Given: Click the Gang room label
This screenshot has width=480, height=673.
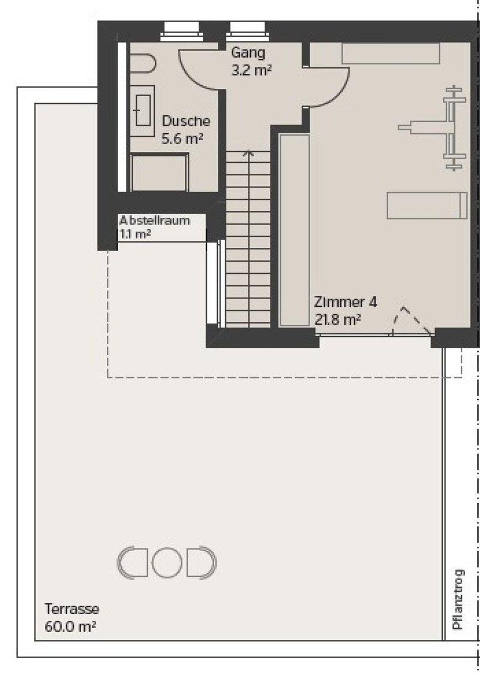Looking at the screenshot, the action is [x=248, y=53].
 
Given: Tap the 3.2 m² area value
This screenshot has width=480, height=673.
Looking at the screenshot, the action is [x=251, y=70].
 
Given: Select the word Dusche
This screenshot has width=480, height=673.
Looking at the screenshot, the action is [x=186, y=121].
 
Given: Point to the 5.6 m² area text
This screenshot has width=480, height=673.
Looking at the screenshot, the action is [x=182, y=139].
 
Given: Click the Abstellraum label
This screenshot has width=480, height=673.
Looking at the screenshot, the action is [x=155, y=221].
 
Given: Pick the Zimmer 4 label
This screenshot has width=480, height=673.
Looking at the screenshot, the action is [x=346, y=302].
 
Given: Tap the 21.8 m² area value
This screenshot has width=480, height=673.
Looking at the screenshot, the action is [x=337, y=320].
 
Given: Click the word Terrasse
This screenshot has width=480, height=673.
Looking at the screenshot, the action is [x=71, y=609].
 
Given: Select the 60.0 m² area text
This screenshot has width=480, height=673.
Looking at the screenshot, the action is [x=70, y=627].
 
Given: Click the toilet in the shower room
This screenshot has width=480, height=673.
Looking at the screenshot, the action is [x=142, y=63].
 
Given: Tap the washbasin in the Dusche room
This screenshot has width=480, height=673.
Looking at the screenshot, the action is [x=142, y=110].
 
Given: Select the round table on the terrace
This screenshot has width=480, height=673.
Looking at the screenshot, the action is [x=167, y=563].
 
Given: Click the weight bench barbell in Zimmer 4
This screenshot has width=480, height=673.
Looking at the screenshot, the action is [x=454, y=128].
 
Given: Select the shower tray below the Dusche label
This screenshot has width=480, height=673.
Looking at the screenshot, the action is [x=160, y=172].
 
